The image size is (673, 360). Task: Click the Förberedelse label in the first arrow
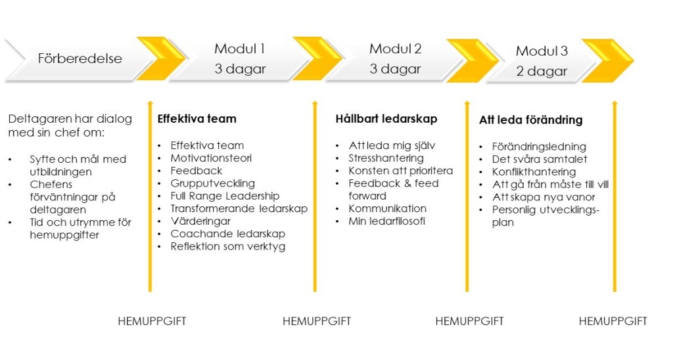(x=80, y=58)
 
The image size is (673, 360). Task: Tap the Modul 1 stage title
(x=239, y=49)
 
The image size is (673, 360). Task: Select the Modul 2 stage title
(x=395, y=49)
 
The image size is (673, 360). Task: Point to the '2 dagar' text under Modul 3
(x=542, y=72)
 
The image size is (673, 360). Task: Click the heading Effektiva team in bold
(x=197, y=119)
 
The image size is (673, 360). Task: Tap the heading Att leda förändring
(x=530, y=120)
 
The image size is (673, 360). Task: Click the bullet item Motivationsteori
(x=211, y=158)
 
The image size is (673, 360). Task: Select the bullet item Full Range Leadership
(x=225, y=196)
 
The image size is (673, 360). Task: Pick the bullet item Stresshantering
(x=386, y=158)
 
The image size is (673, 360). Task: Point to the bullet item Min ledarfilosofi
(x=386, y=221)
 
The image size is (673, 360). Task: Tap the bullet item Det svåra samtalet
(x=540, y=159)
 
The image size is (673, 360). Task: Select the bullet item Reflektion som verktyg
(x=228, y=246)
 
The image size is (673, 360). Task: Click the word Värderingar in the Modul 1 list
(x=200, y=221)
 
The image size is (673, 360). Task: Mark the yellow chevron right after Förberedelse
(x=160, y=58)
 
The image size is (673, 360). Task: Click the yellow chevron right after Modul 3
(x=607, y=60)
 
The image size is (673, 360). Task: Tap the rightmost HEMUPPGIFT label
(x=613, y=321)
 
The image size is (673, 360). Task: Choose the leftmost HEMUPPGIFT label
(x=152, y=321)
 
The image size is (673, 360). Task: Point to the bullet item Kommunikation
(x=387, y=208)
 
